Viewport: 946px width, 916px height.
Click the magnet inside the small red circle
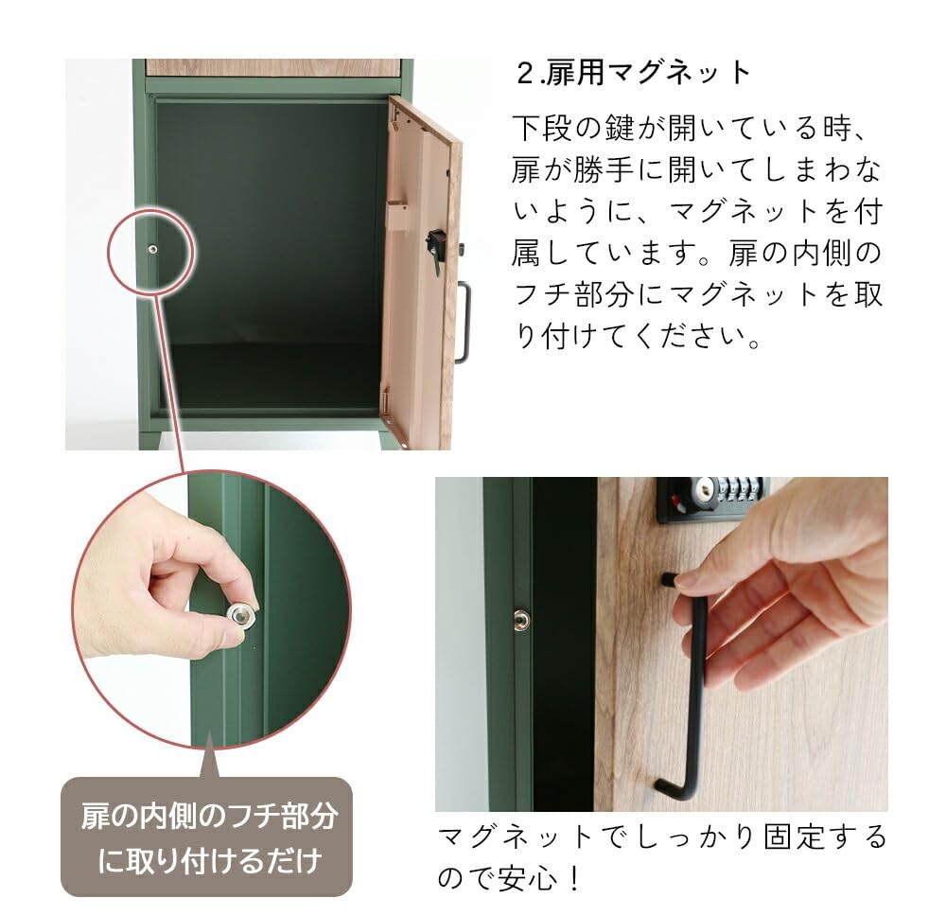coord(153,250)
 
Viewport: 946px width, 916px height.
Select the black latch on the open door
coord(436,248)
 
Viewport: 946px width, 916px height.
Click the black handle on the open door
coord(462,322)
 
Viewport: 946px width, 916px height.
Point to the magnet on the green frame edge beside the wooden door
coord(521,620)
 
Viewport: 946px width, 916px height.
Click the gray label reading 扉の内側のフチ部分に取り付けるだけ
coord(207,837)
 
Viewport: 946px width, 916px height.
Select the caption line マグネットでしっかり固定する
coord(661,837)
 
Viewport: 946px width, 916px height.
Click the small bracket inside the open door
coord(398,217)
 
